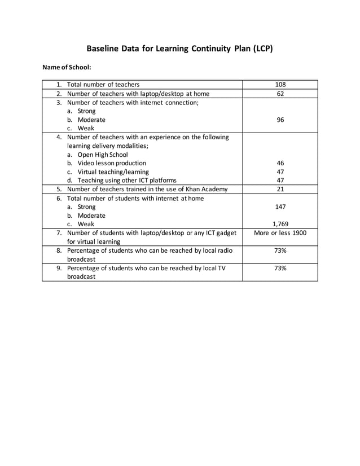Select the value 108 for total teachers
280,85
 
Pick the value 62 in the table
280,94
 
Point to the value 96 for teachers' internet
280,120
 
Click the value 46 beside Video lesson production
280,163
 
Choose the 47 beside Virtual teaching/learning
280,172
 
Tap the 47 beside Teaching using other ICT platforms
280,181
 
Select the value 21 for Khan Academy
280,189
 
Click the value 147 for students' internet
280,207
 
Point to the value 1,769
280,224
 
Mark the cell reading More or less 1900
280,233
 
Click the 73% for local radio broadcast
280,250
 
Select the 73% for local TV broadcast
280,268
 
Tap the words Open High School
103,155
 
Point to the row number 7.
59,233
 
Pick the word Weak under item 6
86,224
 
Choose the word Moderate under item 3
91,120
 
